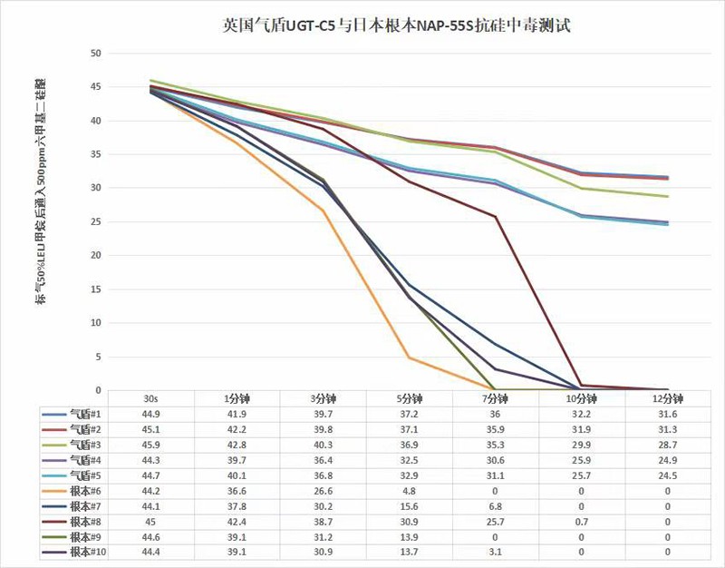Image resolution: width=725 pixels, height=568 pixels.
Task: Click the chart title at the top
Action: tap(396, 26)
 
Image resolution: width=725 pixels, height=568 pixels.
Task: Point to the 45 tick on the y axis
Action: tap(94, 87)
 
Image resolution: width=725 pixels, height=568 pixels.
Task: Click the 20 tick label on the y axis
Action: tap(94, 255)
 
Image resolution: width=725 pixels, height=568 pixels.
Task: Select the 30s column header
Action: tap(150, 398)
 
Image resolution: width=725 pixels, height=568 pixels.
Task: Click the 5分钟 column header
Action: tap(410, 398)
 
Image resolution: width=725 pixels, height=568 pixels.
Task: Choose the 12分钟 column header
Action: tap(668, 398)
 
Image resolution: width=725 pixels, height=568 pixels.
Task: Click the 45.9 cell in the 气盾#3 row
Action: tap(150, 444)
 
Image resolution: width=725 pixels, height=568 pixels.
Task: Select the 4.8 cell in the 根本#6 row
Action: tap(410, 490)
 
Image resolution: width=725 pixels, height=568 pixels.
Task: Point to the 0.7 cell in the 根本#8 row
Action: tap(582, 521)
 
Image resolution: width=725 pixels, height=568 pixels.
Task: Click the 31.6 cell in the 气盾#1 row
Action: tap(668, 413)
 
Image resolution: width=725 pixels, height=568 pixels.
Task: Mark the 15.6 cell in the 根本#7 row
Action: tap(410, 505)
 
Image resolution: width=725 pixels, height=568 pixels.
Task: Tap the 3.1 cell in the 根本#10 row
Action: tap(496, 552)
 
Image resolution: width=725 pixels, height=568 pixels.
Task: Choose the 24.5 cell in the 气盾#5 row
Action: tap(668, 475)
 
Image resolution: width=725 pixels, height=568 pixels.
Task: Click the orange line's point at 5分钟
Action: tap(410, 357)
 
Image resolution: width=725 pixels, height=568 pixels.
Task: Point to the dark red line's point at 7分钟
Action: tap(496, 217)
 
